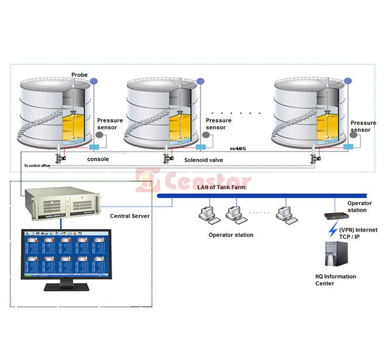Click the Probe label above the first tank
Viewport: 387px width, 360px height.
click(79, 75)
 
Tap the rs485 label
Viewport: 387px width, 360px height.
click(237, 149)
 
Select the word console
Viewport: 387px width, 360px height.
click(98, 159)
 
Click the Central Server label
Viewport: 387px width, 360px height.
click(130, 216)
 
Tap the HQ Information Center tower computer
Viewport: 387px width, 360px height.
click(336, 255)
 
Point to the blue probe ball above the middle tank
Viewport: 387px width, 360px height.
click(200, 81)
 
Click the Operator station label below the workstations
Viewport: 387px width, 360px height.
click(231, 235)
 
